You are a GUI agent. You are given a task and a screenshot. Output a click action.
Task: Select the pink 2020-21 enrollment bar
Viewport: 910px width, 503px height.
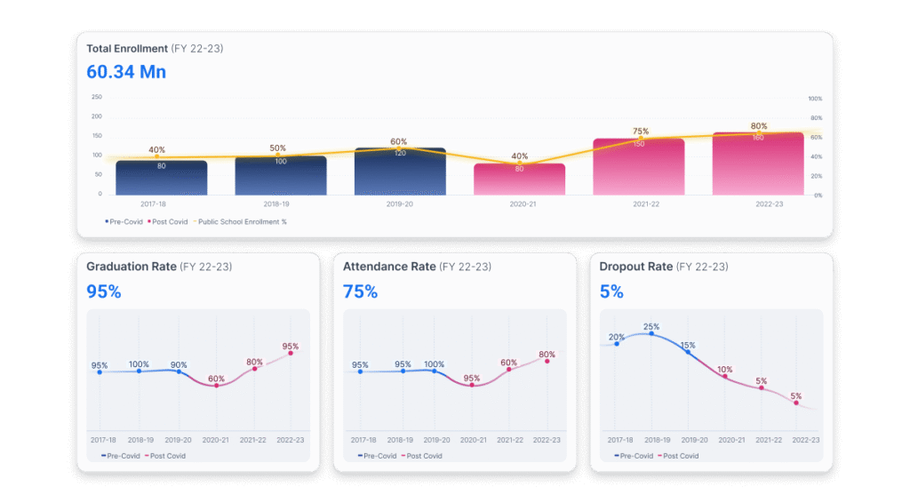519,179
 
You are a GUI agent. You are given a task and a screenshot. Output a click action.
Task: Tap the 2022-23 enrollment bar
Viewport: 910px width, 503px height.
758,164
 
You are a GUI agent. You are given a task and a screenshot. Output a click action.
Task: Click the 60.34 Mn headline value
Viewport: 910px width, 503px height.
126,71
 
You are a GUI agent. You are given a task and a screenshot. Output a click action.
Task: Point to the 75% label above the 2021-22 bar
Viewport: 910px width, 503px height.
640,132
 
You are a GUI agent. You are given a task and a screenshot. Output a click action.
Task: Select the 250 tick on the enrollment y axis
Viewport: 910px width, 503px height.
96,97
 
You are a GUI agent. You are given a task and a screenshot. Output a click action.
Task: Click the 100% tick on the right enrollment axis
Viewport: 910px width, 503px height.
814,99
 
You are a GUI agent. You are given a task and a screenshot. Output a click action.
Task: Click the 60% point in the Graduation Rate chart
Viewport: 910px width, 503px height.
216,386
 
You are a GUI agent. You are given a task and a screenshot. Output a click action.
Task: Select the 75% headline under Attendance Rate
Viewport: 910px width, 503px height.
360,291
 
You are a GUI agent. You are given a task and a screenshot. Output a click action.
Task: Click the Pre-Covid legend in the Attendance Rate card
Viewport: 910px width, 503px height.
376,456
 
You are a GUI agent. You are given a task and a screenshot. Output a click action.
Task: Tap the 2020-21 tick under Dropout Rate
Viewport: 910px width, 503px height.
730,440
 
